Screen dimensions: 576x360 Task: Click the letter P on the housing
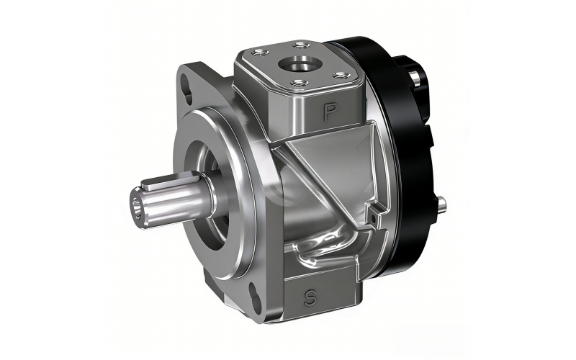330,111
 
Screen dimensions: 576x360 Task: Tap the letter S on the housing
310,298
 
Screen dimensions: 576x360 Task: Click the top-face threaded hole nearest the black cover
341,76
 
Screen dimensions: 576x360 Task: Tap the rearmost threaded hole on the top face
302,46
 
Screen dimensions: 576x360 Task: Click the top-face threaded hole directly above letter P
299,84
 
